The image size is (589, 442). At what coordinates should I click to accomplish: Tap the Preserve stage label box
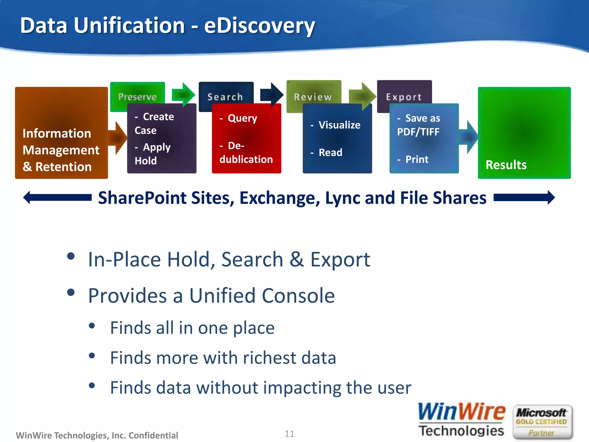137,97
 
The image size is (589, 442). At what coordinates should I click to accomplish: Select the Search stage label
225,97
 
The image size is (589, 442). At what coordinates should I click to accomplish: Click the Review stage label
313,97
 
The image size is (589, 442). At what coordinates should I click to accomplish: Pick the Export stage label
404,97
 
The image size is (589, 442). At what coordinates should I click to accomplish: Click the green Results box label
506,165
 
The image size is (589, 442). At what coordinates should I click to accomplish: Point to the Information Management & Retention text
61,150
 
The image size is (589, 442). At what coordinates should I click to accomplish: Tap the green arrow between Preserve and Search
183,94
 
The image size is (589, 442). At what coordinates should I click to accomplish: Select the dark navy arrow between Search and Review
272,94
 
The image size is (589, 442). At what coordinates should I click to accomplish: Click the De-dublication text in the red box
246,153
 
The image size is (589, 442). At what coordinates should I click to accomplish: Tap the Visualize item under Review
339,125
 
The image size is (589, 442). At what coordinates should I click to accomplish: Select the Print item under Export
417,159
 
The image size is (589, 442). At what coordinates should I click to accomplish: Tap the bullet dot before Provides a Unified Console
71,292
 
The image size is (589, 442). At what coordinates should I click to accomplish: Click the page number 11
289,433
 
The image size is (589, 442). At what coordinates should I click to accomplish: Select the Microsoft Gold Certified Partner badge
542,422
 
